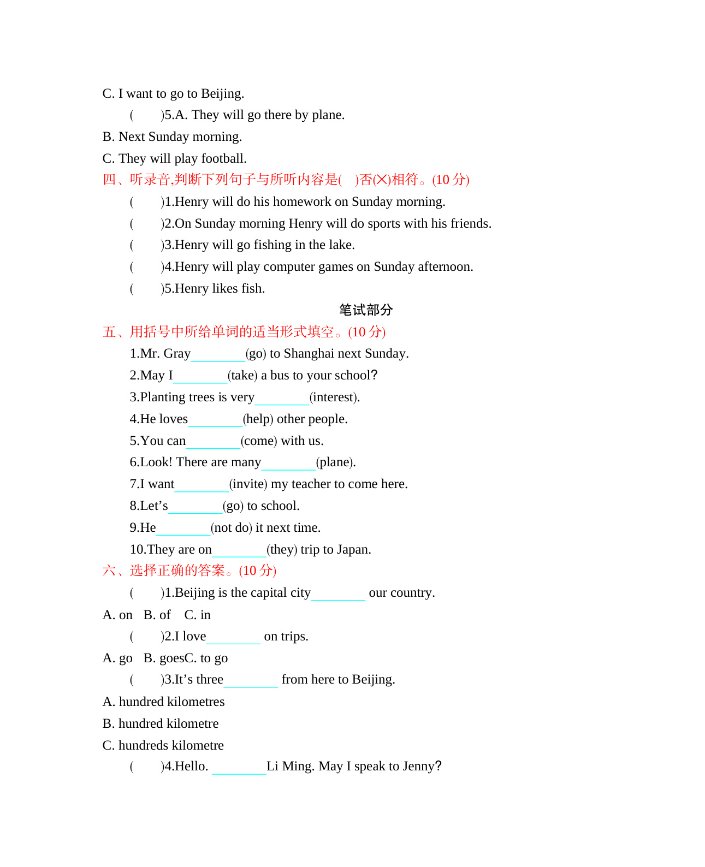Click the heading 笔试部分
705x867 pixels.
pyautogui.click(x=365, y=310)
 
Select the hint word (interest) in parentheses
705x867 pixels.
pyautogui.click(x=334, y=397)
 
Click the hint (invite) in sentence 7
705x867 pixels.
pyautogui.click(x=248, y=484)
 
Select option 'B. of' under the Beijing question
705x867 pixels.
pyautogui.click(x=157, y=615)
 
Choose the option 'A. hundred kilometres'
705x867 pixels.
pyautogui.click(x=164, y=702)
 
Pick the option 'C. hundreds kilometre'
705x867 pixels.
pyautogui.click(x=163, y=746)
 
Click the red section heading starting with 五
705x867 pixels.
pyautogui.click(x=244, y=332)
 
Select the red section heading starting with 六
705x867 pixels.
pyautogui.click(x=189, y=571)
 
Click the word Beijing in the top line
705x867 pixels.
pyautogui.click(x=222, y=94)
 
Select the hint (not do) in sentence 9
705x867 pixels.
pyautogui.click(x=232, y=528)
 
